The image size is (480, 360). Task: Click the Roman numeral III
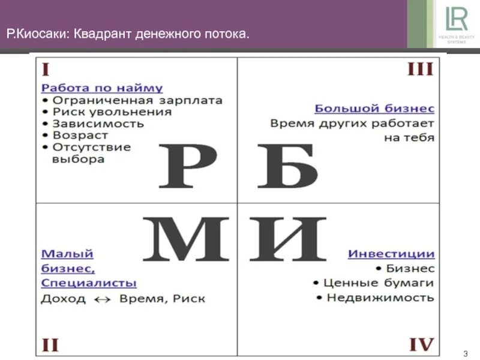point(420,70)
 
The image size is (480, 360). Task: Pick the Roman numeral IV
point(421,344)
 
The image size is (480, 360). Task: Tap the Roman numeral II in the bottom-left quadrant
point(50,344)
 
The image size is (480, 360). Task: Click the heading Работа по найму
point(102,88)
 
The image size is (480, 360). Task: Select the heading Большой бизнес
point(374,109)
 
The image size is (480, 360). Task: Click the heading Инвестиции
point(391,254)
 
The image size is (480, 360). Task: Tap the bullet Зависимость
point(98,124)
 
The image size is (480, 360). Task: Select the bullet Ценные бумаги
point(378,282)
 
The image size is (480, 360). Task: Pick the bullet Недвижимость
point(380,297)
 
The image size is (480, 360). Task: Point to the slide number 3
point(465,353)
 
